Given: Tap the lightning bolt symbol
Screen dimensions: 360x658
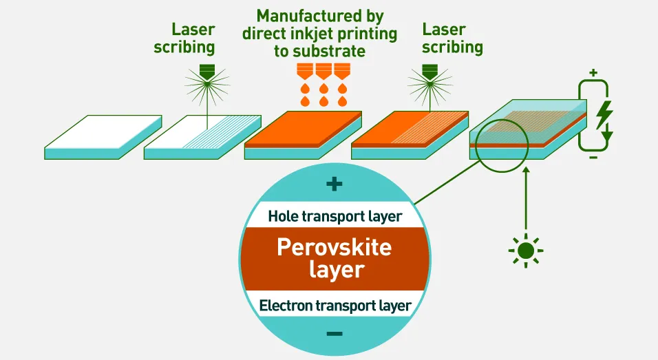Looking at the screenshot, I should coord(604,114).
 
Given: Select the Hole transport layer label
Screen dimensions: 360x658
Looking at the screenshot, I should coord(335,215).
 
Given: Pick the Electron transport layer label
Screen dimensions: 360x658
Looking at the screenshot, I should coord(335,305).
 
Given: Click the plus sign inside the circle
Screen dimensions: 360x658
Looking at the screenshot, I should coord(334,184).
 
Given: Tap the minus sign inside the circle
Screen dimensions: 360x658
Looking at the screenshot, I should coord(335,334).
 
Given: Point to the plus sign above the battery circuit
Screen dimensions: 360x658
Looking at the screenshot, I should coord(594,72).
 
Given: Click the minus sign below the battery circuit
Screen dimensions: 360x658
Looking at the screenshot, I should coord(594,158).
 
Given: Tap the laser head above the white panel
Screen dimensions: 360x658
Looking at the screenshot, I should coord(206,70).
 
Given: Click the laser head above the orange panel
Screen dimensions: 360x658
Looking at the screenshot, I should coord(430,70).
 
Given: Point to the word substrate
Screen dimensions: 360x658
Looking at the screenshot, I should coord(331,51).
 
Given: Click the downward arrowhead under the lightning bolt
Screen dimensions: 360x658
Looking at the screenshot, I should coord(606,142).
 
